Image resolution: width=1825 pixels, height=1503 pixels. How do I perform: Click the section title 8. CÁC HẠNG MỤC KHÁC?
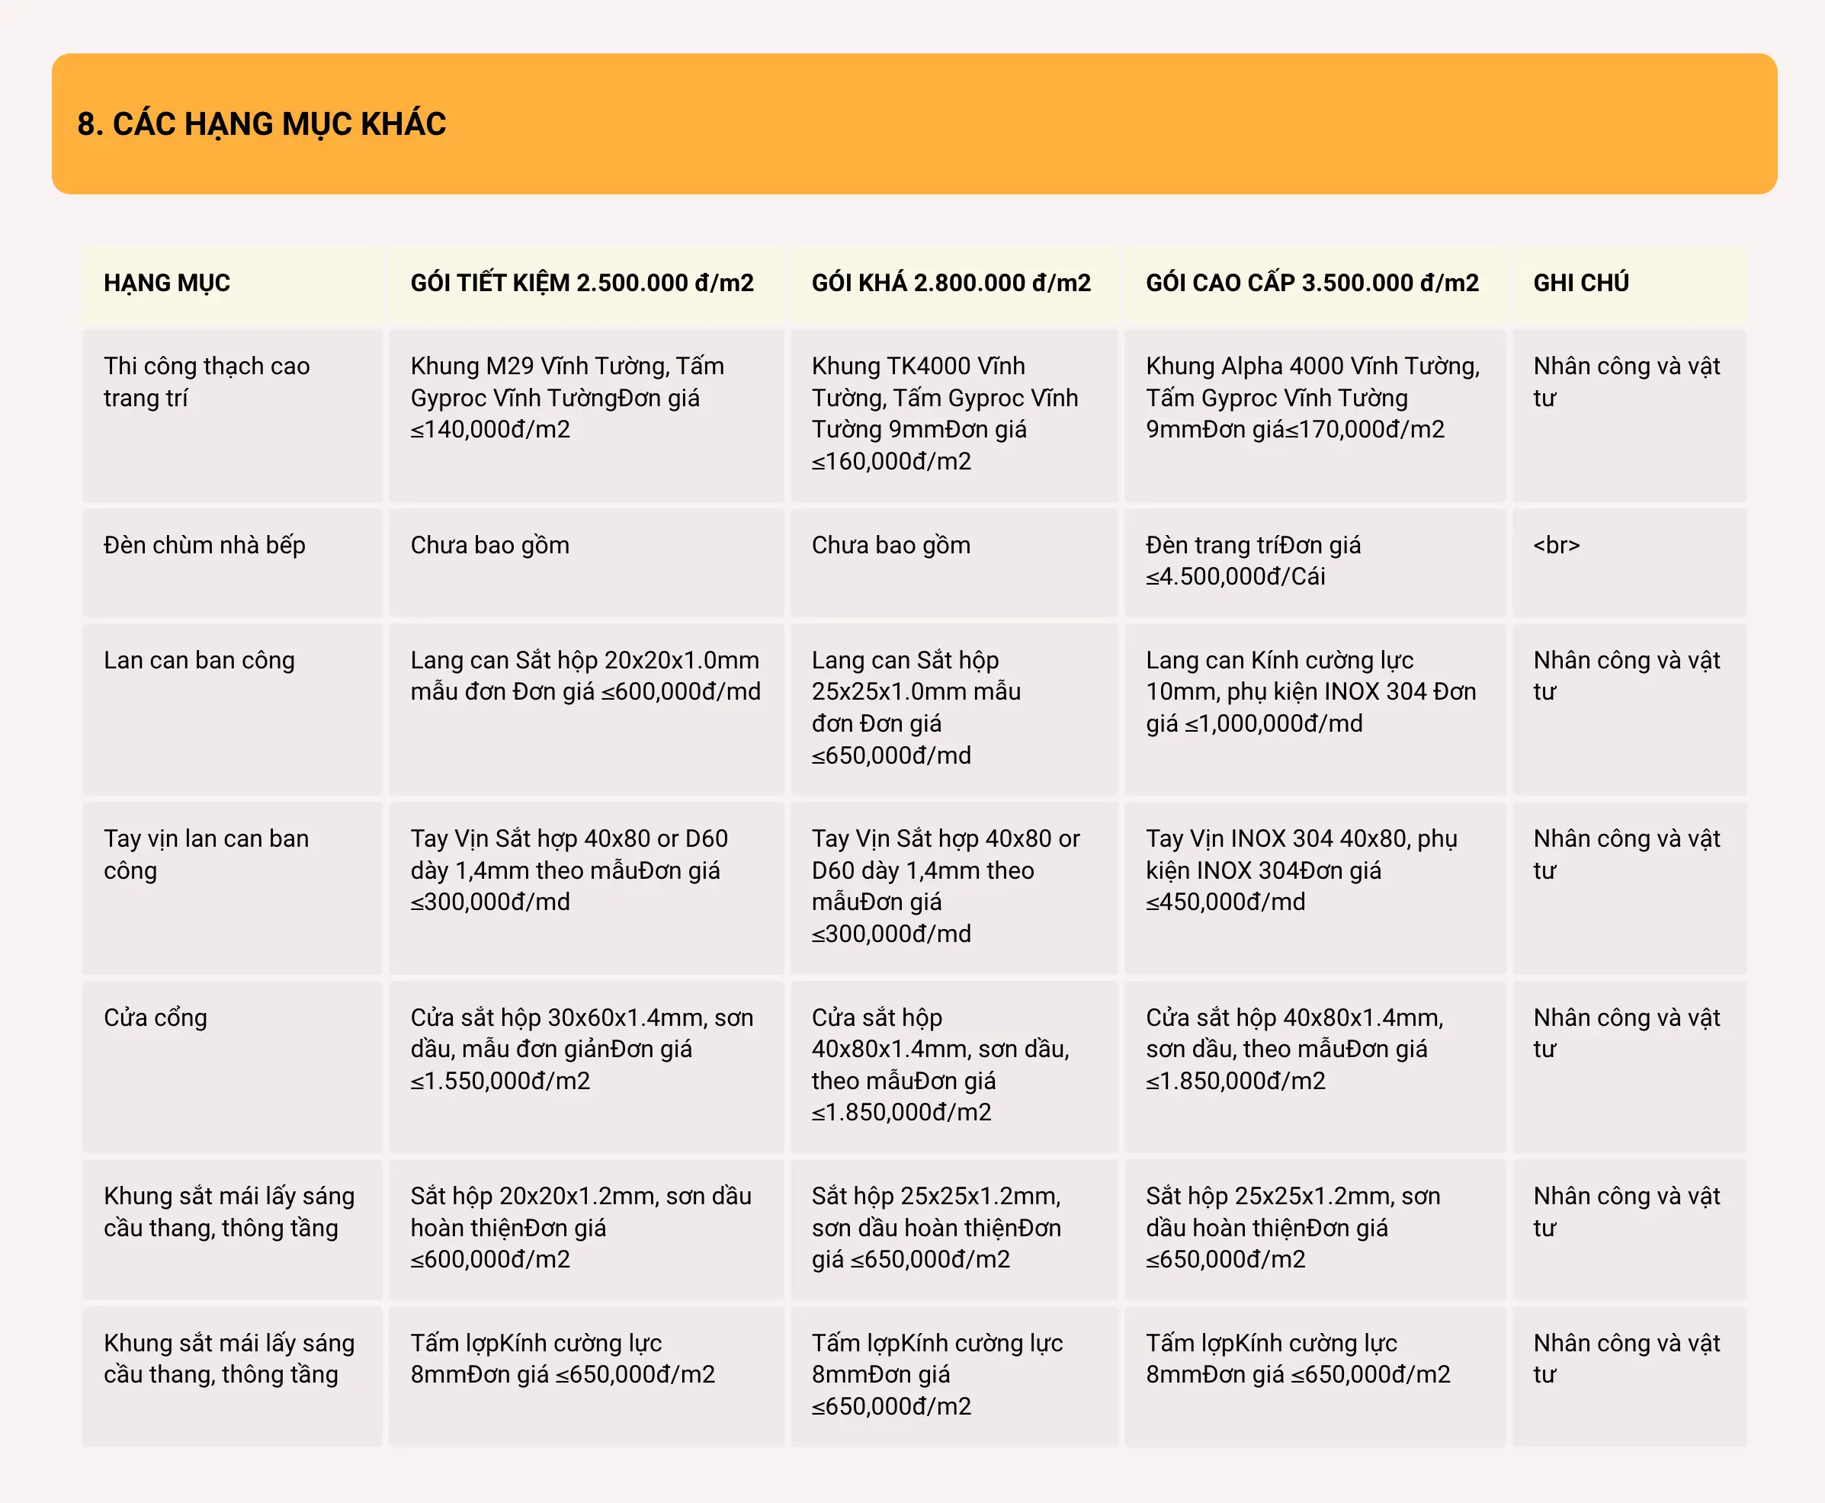tap(261, 123)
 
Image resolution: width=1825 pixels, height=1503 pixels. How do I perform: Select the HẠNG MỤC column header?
tap(167, 283)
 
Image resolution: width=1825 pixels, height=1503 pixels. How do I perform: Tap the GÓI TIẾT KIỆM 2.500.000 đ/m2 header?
tap(582, 283)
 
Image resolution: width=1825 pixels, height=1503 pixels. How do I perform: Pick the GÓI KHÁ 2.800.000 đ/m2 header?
tap(951, 283)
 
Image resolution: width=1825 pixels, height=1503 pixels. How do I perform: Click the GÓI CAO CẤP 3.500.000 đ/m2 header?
tap(1312, 283)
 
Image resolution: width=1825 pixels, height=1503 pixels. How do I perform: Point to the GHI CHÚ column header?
tap(1581, 283)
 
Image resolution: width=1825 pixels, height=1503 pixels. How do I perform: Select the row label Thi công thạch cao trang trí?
tap(206, 382)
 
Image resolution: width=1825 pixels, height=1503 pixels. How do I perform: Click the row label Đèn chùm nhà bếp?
tap(204, 546)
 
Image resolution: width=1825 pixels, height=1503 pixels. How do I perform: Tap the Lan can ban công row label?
tap(199, 661)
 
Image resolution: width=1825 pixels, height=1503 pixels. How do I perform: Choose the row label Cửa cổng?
tap(156, 1017)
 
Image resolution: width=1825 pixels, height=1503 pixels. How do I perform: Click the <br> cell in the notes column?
tap(1556, 546)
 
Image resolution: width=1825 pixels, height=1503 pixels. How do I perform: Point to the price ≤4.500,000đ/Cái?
tap(1236, 577)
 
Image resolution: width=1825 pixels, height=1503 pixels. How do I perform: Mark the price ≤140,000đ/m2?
tap(490, 429)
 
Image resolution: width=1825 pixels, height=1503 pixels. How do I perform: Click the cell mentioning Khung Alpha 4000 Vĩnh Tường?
tap(1313, 397)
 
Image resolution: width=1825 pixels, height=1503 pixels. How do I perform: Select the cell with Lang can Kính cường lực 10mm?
tap(1310, 692)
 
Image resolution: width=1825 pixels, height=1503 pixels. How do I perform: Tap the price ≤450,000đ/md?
tap(1225, 902)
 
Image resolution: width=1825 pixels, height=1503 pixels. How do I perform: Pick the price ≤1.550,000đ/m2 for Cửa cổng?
tap(500, 1082)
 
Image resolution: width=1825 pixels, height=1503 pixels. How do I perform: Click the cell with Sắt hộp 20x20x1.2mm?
tap(581, 1228)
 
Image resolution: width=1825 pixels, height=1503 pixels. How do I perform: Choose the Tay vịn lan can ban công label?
tap(206, 854)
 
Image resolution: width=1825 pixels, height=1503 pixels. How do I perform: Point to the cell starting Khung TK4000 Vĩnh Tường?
tap(945, 413)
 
